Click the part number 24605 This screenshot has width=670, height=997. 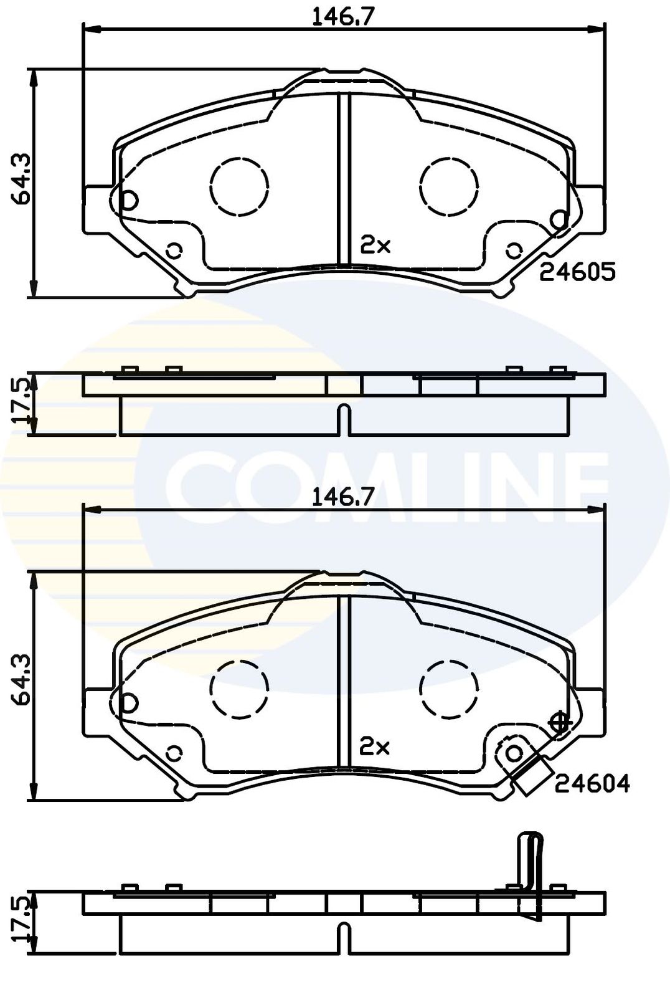click(x=577, y=272)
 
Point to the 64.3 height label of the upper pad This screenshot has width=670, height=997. click(x=21, y=179)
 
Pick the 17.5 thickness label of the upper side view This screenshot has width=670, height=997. click(x=21, y=401)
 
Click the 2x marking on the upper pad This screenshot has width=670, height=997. click(x=375, y=246)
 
